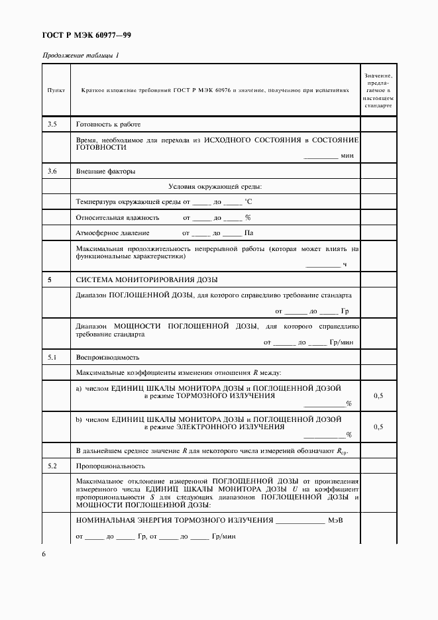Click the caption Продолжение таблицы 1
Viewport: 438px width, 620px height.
pos(81,56)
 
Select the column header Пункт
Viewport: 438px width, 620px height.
pos(56,91)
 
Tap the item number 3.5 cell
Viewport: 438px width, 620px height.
pos(53,125)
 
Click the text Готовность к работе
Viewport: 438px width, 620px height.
pos(109,125)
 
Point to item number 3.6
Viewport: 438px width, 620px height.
pos(53,172)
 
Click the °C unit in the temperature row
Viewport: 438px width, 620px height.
pos(248,201)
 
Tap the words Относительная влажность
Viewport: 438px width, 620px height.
pos(118,217)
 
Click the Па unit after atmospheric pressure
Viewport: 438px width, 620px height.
pos(249,233)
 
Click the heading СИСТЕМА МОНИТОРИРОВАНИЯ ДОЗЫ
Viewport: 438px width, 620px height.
pos(146,280)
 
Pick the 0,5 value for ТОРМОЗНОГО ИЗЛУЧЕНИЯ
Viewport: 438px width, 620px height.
pos(378,395)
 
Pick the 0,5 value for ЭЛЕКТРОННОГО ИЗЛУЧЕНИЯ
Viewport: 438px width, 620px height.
pos(378,427)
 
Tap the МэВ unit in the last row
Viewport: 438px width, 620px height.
pos(336,519)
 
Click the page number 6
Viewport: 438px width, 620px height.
pos(44,554)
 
